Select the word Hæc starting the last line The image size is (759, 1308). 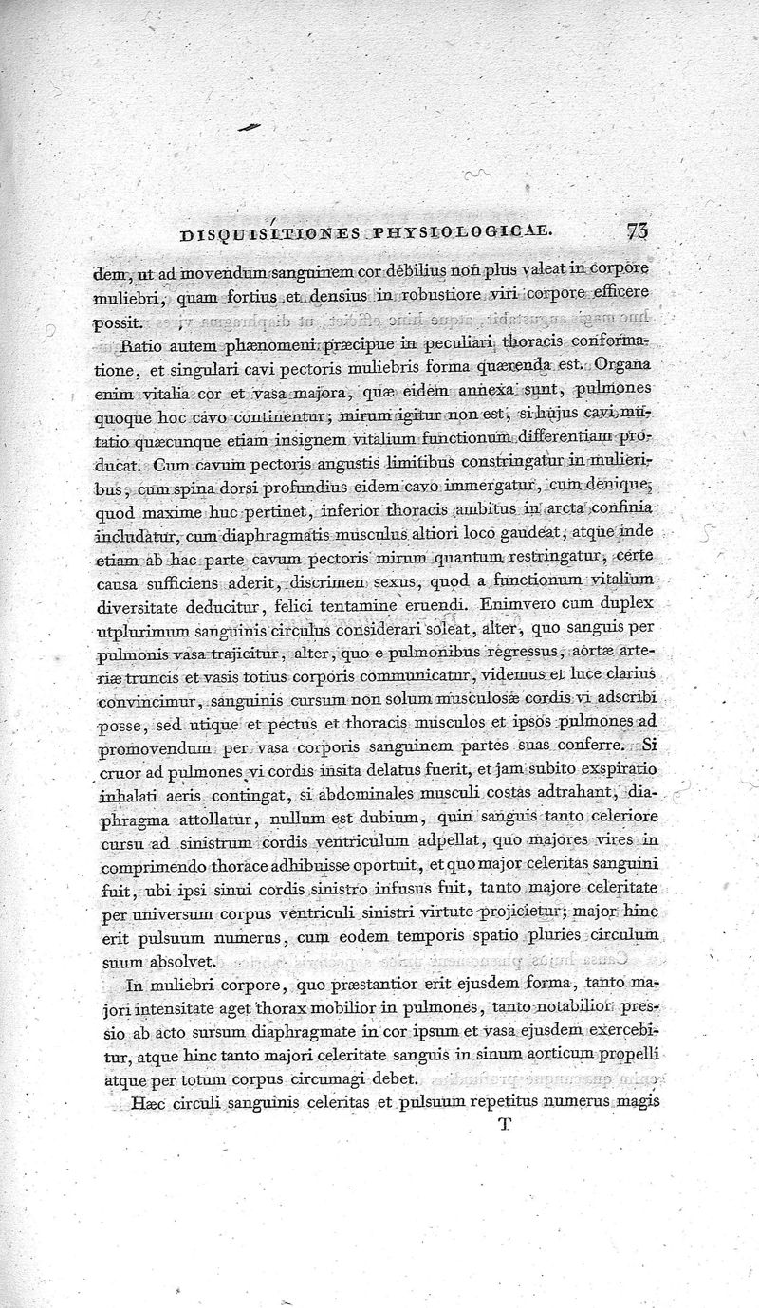point(139,1103)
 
